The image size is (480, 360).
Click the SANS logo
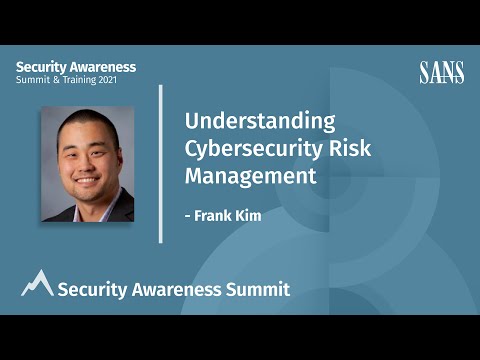click(441, 72)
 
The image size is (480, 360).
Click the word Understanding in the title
click(259, 121)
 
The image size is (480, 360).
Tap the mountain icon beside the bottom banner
click(37, 283)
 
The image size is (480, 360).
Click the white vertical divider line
click(161, 163)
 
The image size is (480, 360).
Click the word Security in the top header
click(39, 67)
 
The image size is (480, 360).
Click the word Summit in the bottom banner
click(258, 289)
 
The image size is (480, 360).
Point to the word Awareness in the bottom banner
click(175, 289)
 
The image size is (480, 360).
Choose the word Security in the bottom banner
click(91, 289)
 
